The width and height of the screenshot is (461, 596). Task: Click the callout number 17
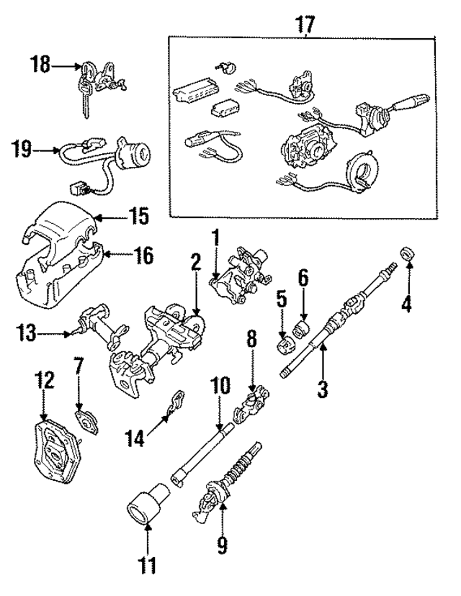pos(305,24)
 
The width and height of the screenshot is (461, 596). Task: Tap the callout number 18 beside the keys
pos(40,65)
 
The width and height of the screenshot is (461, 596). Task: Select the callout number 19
pos(24,150)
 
